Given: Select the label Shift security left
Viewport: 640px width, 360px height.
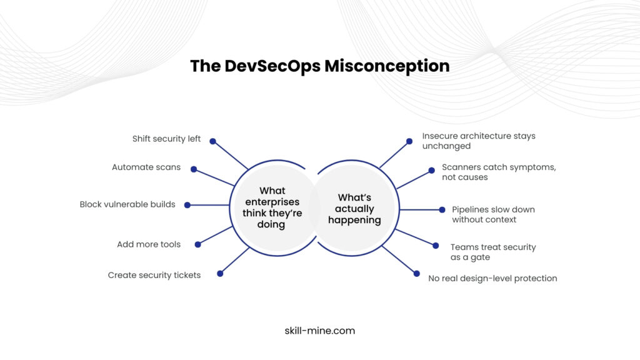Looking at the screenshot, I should pos(166,139).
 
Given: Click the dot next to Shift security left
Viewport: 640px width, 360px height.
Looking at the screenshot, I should pos(212,141).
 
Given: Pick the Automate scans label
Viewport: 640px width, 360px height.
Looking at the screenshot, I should pos(146,167).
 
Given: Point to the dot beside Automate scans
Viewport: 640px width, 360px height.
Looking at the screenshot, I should pos(194,169).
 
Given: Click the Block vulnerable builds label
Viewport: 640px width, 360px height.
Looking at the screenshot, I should pos(127,204).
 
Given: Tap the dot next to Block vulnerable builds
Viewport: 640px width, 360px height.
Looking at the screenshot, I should pos(187,204).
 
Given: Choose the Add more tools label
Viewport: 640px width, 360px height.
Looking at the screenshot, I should pos(149,244).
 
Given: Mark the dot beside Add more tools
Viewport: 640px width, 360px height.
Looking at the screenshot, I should pos(198,244).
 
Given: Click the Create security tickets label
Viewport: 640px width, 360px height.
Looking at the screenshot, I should pos(154,275).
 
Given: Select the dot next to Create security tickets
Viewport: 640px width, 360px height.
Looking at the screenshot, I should pos(220,273).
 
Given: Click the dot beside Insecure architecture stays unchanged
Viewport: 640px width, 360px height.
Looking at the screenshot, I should pos(409,141).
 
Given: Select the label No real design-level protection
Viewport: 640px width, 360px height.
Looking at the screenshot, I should pos(492,278).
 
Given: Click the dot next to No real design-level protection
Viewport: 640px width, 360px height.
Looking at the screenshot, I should pos(417,273).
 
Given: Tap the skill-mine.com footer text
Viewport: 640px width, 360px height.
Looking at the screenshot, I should pos(319,331).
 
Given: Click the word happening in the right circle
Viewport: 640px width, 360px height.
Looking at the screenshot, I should pos(354,220).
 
